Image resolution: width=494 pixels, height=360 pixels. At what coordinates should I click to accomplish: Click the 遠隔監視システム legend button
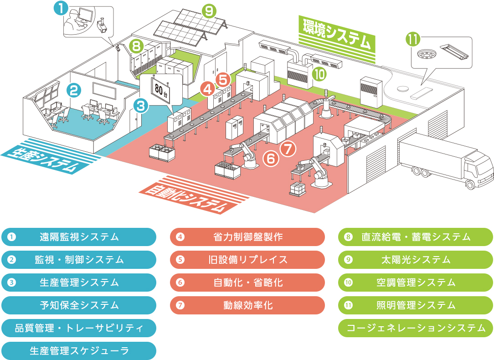[x=79, y=237]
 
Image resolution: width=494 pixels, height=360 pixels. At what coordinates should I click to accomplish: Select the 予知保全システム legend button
[x=79, y=305]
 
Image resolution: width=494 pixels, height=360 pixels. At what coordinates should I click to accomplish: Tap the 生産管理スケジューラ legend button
[x=79, y=351]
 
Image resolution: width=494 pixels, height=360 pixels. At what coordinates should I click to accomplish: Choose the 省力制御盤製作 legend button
[x=247, y=237]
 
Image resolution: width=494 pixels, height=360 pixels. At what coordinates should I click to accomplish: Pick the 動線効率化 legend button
[x=247, y=305]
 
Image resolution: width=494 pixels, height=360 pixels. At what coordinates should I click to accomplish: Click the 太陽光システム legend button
[x=416, y=260]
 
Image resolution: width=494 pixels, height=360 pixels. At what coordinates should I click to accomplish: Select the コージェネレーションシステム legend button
[x=416, y=328]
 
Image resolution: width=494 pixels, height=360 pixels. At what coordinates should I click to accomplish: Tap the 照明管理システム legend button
[x=416, y=305]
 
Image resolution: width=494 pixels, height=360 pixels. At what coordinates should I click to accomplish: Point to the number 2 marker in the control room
[x=74, y=90]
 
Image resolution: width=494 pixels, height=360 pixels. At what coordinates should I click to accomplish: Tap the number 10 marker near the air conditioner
[x=319, y=74]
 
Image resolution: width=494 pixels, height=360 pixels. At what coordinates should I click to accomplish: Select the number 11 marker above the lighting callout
[x=413, y=40]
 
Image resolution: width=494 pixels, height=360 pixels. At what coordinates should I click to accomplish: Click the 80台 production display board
[x=160, y=88]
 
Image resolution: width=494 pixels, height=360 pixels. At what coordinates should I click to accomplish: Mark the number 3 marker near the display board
[x=142, y=106]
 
